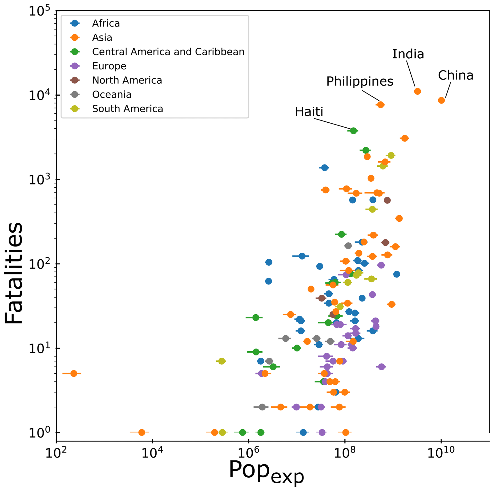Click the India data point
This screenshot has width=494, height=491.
coord(417,91)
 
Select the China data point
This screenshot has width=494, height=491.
coord(441,100)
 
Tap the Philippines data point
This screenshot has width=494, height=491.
coord(380,105)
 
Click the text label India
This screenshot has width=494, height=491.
coord(408,54)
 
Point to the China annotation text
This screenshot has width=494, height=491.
coord(456,76)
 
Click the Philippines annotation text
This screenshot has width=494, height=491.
coord(360,81)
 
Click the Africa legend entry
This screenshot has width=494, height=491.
coord(106,23)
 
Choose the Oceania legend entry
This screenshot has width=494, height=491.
coord(112,95)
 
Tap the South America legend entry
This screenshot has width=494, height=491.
coord(128,109)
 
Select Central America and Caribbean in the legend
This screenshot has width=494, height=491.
coord(168,52)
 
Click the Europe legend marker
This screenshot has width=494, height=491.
coord(75,66)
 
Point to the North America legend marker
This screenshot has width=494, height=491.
coord(75,80)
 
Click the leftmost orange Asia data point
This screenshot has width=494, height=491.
coord(74,373)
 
